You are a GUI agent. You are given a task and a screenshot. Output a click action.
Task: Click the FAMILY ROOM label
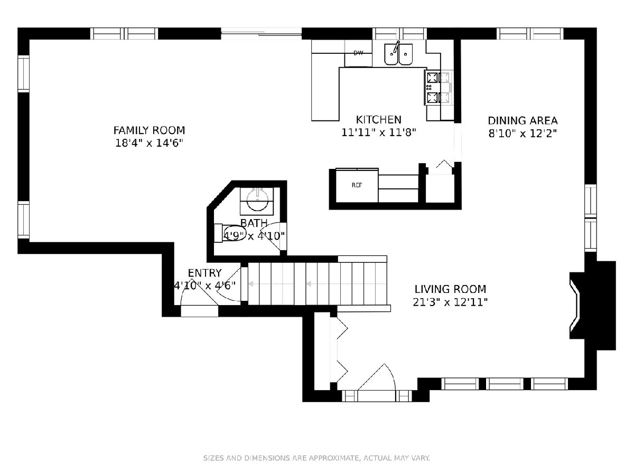point(149,130)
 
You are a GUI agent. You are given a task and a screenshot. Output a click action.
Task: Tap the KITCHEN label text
point(378,120)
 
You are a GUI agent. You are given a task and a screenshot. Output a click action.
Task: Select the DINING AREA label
point(523,120)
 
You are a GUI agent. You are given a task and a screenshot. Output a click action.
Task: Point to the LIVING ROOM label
point(450,289)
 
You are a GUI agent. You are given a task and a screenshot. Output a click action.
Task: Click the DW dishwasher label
point(358,53)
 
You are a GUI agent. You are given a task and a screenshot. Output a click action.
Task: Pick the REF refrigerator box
point(357,185)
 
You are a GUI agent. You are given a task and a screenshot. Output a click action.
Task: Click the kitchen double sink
point(398,54)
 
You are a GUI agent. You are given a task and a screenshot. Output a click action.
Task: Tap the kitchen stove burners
point(438,88)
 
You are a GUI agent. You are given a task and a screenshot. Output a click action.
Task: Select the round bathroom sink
point(258,199)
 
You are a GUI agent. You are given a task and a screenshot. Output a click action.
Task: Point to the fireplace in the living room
point(592,306)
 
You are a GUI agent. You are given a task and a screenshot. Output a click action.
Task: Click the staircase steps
point(317,284)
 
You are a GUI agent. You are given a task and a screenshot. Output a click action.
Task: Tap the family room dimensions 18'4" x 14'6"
point(150,143)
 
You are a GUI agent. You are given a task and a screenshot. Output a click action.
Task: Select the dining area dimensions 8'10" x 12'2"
point(523,134)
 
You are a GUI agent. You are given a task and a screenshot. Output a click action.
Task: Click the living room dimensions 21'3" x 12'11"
point(450,302)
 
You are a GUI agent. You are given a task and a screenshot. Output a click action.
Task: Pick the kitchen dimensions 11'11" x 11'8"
point(378,132)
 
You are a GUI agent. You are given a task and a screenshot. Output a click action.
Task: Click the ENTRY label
point(204,273)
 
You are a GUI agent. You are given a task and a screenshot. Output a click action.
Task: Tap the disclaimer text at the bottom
point(316,458)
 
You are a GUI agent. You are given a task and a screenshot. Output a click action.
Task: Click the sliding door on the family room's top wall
point(262,33)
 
